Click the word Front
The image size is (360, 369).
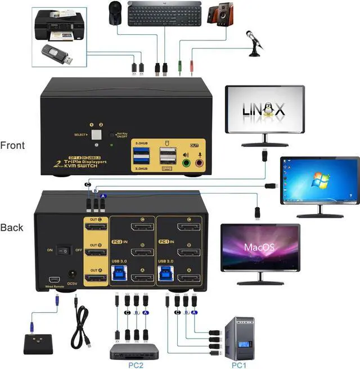pos(12,146)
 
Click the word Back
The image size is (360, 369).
pos(12,228)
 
